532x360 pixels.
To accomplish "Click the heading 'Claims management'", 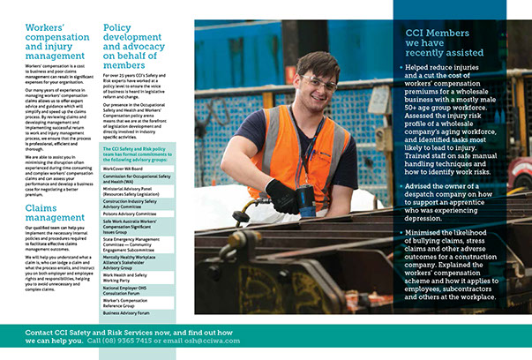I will click(49, 214).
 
